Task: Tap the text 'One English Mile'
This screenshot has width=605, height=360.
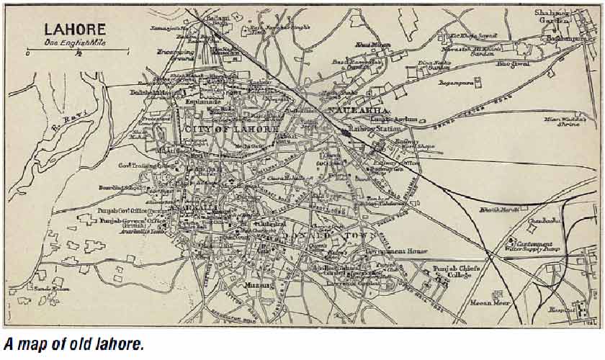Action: (x=75, y=42)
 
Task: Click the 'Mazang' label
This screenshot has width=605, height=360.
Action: (x=261, y=286)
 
